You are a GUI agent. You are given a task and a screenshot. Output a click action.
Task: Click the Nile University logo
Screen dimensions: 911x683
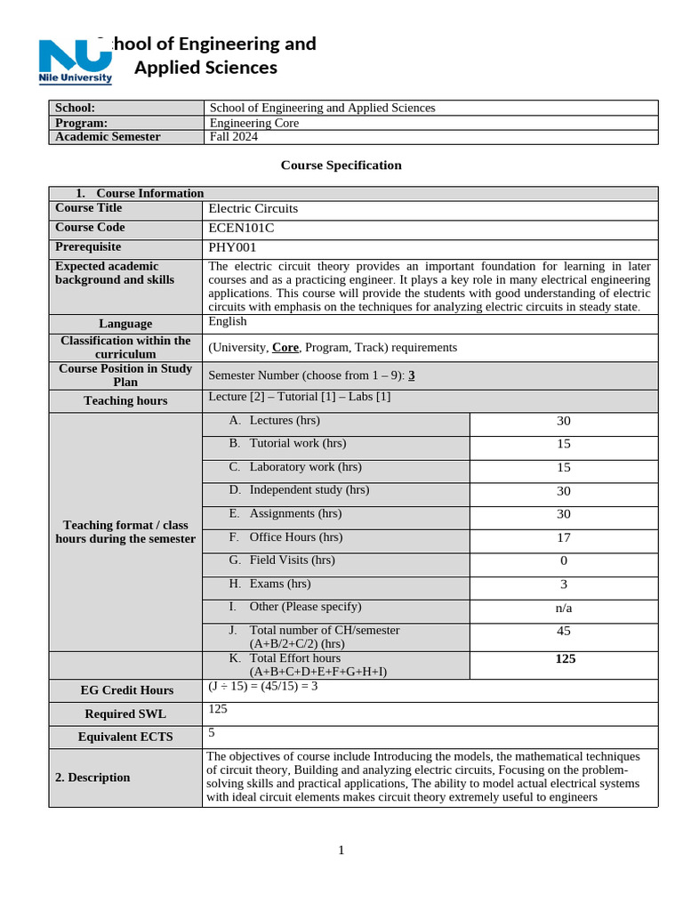pyautogui.click(x=76, y=60)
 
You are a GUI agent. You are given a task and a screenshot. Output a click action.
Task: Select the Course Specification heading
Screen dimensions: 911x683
pyautogui.click(x=341, y=165)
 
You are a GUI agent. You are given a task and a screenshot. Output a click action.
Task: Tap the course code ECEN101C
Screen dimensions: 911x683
pyautogui.click(x=241, y=228)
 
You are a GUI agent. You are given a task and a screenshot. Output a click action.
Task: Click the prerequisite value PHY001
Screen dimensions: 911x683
pyautogui.click(x=230, y=247)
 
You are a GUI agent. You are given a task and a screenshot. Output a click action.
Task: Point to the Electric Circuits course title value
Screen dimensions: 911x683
pyautogui.click(x=253, y=208)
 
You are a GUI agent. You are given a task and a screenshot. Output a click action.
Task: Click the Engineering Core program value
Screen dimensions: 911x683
pyautogui.click(x=253, y=123)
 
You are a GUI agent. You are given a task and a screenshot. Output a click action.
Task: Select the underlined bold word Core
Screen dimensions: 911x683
pyautogui.click(x=285, y=348)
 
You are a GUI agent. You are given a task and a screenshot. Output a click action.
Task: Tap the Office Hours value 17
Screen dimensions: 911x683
pyautogui.click(x=563, y=537)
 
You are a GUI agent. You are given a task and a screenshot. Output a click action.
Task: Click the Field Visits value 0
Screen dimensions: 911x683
pyautogui.click(x=563, y=560)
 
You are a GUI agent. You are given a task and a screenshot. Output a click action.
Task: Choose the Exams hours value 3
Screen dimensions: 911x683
pyautogui.click(x=563, y=584)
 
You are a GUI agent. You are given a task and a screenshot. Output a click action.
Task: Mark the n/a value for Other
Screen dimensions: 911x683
pyautogui.click(x=563, y=608)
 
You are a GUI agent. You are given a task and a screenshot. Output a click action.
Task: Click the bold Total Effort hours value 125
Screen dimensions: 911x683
pyautogui.click(x=565, y=659)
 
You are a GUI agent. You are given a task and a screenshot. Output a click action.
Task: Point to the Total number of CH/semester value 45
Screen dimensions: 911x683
pyautogui.click(x=563, y=631)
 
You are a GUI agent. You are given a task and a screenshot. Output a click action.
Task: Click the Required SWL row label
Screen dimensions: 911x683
pyautogui.click(x=125, y=713)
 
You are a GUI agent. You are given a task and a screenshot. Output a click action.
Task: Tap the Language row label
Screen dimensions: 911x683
pyautogui.click(x=125, y=324)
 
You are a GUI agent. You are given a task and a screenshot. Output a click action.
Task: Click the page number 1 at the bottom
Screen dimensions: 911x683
pyautogui.click(x=341, y=851)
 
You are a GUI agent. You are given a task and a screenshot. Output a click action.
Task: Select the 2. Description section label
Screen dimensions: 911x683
pyautogui.click(x=92, y=778)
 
